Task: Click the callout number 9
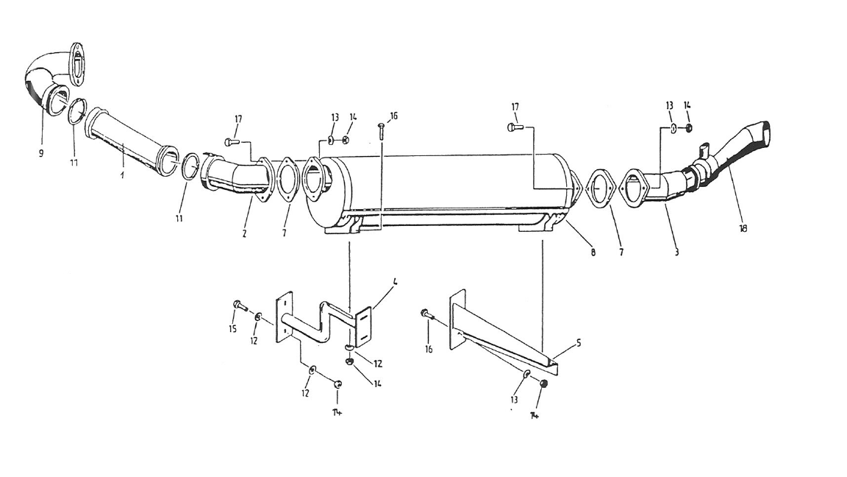click(42, 153)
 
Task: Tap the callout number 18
click(743, 228)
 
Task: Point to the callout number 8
click(593, 253)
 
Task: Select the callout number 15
click(233, 329)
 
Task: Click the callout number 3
click(677, 253)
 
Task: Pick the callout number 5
click(578, 343)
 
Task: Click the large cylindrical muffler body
click(441, 188)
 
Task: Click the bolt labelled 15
click(239, 305)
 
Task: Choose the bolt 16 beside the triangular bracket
click(426, 314)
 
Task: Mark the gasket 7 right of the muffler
click(601, 189)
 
